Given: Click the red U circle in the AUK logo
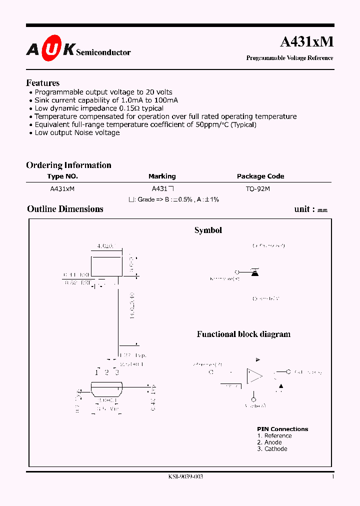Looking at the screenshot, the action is pos(50,49).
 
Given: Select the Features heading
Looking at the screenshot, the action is pos(42,83).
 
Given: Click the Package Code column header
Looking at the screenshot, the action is pos(260,176).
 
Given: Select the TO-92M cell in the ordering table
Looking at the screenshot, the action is pos(257,189).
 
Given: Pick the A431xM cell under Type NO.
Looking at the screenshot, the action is pos(62,189).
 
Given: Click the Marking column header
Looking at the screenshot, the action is pos(162,176).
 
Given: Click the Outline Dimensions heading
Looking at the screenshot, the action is pos(65,209).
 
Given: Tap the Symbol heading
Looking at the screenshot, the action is pos(208,230).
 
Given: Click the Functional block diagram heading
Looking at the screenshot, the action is pos(243,334).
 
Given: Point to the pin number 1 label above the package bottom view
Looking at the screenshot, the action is pos(97,372).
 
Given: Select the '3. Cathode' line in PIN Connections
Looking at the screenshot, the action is pos(272,449).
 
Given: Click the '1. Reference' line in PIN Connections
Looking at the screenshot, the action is pos(274,436).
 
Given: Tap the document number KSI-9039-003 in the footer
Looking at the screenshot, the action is pos(185,476).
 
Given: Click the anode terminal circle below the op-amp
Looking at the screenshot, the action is pos(254,400).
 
